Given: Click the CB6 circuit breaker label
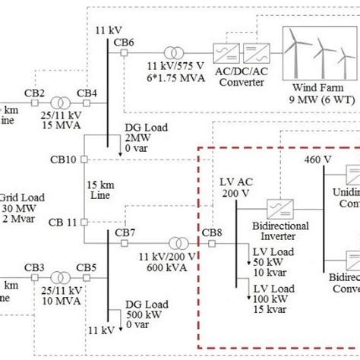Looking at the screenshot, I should [x=124, y=41].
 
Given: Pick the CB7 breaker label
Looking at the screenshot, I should [x=125, y=232].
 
